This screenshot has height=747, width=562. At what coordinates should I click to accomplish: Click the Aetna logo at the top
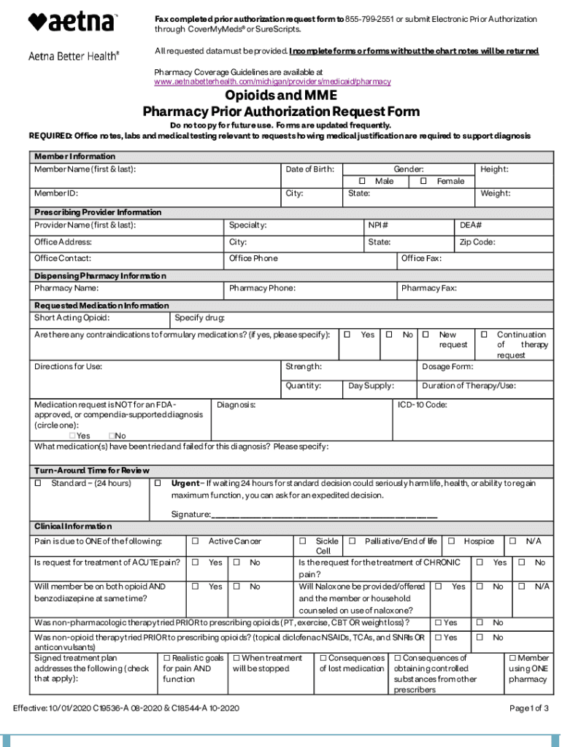click(72, 22)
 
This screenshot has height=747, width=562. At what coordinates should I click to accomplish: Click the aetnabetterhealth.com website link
click(272, 82)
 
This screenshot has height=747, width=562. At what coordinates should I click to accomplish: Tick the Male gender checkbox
click(362, 181)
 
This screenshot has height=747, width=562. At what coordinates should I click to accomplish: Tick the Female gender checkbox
click(423, 181)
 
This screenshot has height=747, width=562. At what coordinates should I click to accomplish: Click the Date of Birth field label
click(309, 169)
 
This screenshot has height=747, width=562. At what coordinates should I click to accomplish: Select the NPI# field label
click(378, 225)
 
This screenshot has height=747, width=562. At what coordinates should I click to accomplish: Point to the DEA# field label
click(471, 225)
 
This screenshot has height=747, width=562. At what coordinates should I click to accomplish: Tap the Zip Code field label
click(477, 242)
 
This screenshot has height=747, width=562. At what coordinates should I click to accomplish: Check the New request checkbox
click(426, 334)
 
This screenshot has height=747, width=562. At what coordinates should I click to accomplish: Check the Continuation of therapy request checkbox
click(483, 334)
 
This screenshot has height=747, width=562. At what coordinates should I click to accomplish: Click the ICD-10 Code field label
click(422, 404)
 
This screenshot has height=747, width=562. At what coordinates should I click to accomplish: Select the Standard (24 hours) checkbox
click(38, 483)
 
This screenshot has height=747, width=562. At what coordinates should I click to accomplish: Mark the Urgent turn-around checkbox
click(158, 483)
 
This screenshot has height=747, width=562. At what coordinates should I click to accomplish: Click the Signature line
click(324, 514)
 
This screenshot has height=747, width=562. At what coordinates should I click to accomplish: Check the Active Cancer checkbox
click(195, 541)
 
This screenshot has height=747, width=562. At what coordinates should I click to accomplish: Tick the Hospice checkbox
click(451, 541)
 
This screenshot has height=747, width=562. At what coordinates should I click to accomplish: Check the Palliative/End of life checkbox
click(352, 541)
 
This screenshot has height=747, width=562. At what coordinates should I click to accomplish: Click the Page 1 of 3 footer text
click(529, 708)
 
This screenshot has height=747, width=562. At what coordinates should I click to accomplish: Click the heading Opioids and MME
click(280, 96)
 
